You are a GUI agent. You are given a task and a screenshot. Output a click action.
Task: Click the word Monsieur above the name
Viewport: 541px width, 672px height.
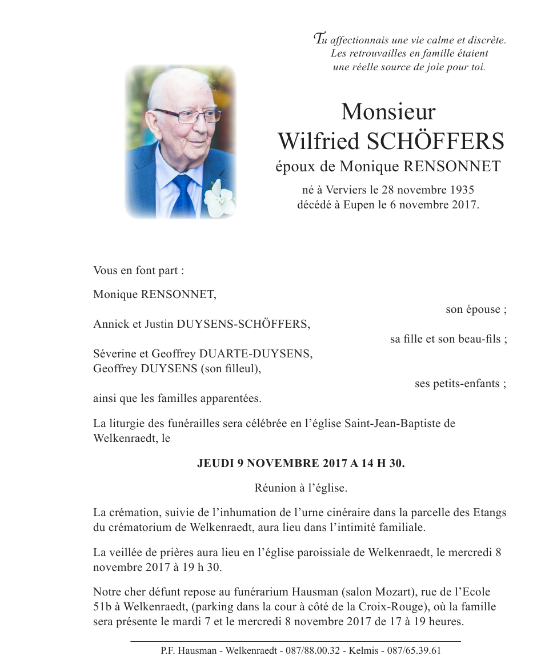[388, 112]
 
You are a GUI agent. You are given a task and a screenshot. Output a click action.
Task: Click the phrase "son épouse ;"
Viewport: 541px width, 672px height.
[476, 310]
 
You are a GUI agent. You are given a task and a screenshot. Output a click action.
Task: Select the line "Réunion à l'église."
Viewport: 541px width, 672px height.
[300, 488]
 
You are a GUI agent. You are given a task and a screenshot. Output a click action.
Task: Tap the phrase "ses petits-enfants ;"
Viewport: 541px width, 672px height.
[460, 384]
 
